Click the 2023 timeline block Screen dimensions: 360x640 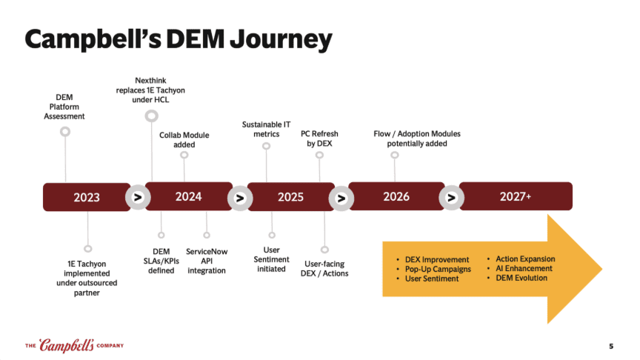87,197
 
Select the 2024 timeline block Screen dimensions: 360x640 188,196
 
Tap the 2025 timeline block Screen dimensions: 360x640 290,196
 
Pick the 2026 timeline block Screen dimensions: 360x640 396,196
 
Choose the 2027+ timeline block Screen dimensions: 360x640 516,196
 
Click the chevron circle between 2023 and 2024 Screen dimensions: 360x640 137,198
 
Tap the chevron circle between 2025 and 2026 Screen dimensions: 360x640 341,198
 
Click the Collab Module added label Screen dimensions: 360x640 184,140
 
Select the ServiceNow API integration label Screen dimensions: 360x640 207,261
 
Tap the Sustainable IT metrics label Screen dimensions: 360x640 266,129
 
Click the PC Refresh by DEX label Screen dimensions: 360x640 320,139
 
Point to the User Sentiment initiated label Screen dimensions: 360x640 271,259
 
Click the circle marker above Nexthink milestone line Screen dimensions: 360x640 151,116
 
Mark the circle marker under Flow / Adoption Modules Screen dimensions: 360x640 395,155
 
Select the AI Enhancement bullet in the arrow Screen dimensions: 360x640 524,268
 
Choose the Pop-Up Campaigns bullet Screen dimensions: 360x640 438,269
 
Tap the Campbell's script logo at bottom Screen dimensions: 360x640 67,345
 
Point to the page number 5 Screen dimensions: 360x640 611,346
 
